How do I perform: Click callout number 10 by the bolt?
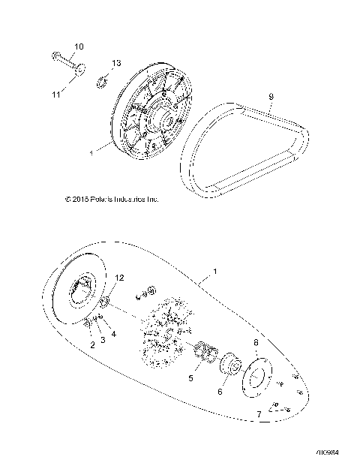(x=78, y=47)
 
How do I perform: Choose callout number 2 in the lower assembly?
(x=92, y=344)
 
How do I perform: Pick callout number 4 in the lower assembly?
(x=113, y=334)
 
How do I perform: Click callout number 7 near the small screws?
(x=259, y=413)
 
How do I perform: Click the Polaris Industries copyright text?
(x=112, y=199)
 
